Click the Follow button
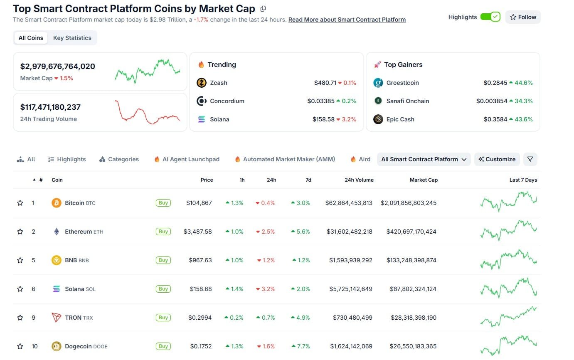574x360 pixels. pyautogui.click(x=523, y=17)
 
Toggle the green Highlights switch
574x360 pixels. pyautogui.click(x=490, y=17)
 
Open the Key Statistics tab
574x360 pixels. pyautogui.click(x=72, y=38)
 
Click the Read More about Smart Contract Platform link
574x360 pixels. pyautogui.click(x=347, y=20)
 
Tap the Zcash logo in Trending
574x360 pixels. pyautogui.click(x=202, y=83)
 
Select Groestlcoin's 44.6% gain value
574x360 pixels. pyautogui.click(x=524, y=83)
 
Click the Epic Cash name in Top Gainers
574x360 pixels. pyautogui.click(x=400, y=119)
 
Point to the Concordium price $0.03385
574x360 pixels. pyautogui.click(x=321, y=101)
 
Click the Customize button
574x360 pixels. pyautogui.click(x=497, y=159)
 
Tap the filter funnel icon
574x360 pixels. pyautogui.click(x=530, y=159)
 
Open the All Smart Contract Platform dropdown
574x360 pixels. pyautogui.click(x=424, y=159)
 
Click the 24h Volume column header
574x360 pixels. pyautogui.click(x=359, y=180)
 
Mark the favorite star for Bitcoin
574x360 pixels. pyautogui.click(x=20, y=203)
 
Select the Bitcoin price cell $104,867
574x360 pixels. pyautogui.click(x=199, y=203)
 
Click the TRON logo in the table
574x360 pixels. pyautogui.click(x=57, y=318)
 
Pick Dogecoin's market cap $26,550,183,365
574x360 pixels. pyautogui.click(x=413, y=346)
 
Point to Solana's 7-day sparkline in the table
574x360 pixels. pyautogui.click(x=508, y=288)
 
